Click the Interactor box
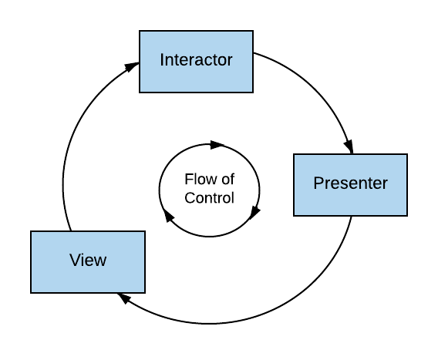point(196,62)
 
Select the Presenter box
point(351,184)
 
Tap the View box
point(88,262)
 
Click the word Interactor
point(196,60)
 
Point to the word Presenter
point(351,183)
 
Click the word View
point(88,260)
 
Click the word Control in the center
point(209,198)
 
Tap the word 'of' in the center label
point(228,179)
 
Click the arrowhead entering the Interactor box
point(132,67)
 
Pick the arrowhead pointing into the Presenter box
point(349,146)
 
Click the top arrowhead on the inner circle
point(217,145)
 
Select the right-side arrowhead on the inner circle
point(254,213)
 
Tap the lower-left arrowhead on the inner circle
point(168,216)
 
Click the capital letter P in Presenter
point(318,183)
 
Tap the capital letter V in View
point(76,260)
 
